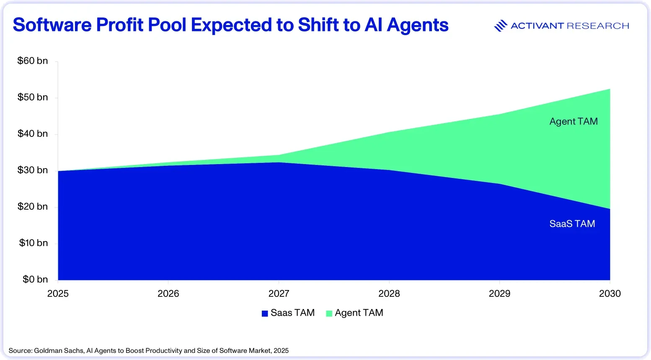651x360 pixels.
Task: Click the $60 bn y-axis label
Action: tap(33, 61)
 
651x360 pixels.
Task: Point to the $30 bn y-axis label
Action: tap(33, 170)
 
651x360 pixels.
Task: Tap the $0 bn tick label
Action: tap(35, 279)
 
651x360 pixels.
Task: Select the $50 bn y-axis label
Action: tap(33, 97)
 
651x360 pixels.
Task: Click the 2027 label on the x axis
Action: tap(279, 293)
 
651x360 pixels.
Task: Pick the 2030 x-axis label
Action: tap(610, 293)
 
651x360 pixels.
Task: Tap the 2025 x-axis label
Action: tap(58, 293)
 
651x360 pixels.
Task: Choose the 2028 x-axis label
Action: tap(389, 293)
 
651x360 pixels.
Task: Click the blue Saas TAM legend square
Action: tap(265, 313)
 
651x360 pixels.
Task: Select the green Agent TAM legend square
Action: tap(329, 313)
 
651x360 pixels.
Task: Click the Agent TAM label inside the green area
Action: tap(573, 121)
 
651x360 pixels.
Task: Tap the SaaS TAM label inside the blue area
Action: tap(572, 224)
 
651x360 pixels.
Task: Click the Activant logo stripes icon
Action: tap(501, 26)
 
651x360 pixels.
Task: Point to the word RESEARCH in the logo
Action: tap(598, 26)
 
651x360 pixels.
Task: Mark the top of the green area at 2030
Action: tap(610, 89)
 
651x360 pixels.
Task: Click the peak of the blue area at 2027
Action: tap(279, 162)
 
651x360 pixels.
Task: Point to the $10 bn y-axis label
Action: tap(34, 243)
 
